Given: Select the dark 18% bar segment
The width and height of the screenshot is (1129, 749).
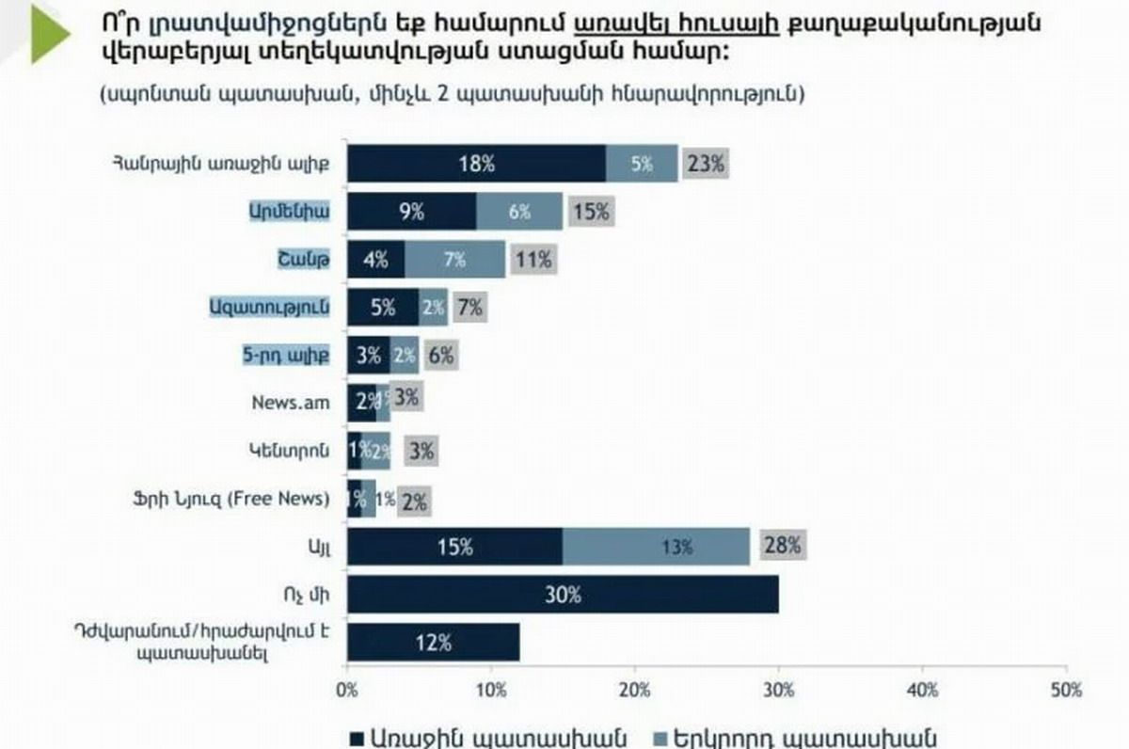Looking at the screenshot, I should click(476, 163).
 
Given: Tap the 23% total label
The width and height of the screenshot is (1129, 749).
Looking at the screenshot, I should click(706, 163).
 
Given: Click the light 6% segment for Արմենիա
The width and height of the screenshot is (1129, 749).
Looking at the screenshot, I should click(519, 212).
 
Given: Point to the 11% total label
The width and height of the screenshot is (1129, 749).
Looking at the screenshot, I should click(533, 260).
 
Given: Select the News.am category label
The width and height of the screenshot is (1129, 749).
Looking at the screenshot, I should click(291, 401).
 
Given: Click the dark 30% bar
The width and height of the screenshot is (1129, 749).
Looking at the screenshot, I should click(563, 595).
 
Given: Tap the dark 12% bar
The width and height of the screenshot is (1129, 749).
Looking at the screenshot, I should click(433, 644).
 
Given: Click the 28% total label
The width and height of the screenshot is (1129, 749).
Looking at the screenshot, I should click(783, 545).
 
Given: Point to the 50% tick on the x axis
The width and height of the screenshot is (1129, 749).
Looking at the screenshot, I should click(1066, 690).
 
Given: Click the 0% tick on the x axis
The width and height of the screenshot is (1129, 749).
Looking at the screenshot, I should click(347, 690).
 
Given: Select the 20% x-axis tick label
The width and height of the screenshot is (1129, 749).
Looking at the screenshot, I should click(635, 690).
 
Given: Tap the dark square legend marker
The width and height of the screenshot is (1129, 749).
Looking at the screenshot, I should click(358, 738).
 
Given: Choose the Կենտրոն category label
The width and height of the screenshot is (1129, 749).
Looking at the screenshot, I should click(294, 449).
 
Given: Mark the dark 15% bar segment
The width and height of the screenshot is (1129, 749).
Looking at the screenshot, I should click(455, 546).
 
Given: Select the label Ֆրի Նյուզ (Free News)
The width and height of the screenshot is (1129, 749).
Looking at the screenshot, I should click(231, 498).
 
